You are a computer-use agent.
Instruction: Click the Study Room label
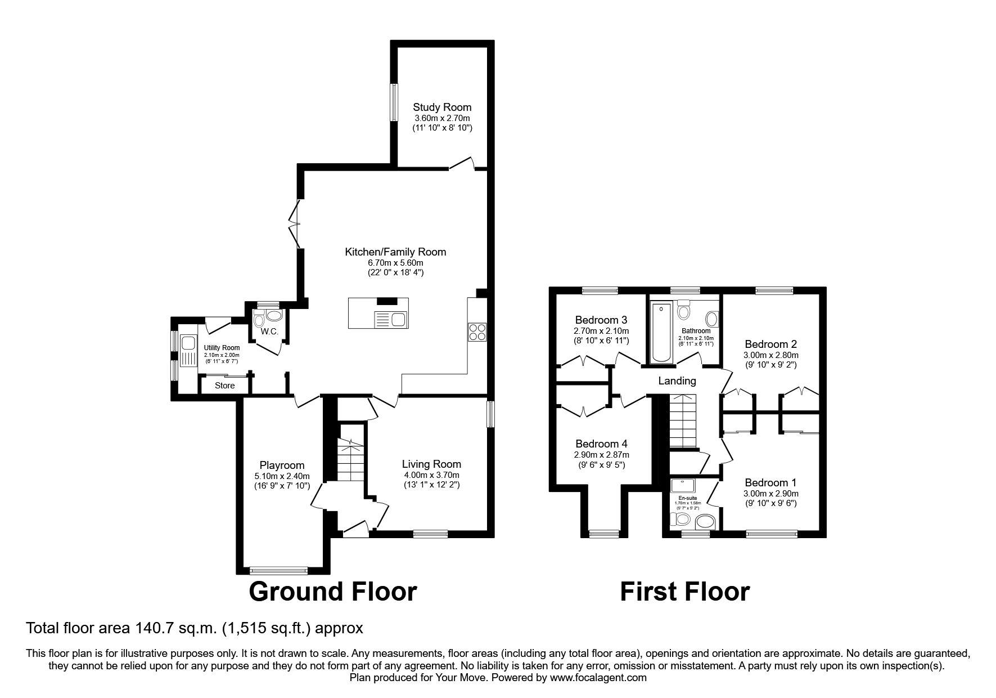click(442, 107)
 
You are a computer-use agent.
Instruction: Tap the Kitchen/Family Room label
click(395, 252)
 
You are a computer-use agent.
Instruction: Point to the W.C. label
click(269, 332)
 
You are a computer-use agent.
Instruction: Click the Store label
click(225, 386)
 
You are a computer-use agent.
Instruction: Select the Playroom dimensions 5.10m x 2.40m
click(282, 476)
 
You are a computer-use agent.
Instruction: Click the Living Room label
click(431, 464)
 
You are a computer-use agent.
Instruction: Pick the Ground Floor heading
click(332, 592)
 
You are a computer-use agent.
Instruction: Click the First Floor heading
click(684, 592)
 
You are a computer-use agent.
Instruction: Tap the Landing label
click(677, 381)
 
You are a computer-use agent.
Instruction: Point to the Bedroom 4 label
click(601, 444)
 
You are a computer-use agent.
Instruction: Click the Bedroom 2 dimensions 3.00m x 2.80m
click(770, 355)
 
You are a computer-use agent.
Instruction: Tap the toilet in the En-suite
click(682, 518)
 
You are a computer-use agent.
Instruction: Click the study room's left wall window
click(394, 102)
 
